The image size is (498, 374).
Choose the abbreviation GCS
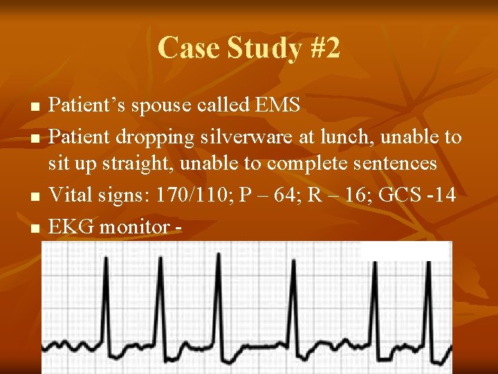pos(405,195)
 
